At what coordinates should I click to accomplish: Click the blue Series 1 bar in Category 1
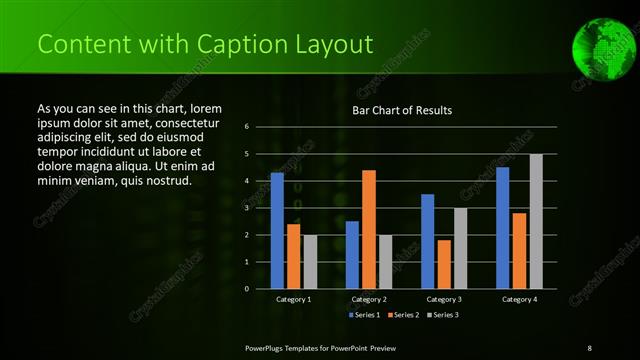pos(277,231)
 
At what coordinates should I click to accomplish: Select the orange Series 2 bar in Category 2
pos(369,229)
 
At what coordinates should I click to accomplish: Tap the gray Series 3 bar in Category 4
pos(536,221)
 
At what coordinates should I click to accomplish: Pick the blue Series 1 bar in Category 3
pos(428,241)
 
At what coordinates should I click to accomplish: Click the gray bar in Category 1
pos(310,262)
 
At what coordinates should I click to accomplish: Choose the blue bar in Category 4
pos(503,228)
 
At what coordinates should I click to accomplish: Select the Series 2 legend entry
pos(403,315)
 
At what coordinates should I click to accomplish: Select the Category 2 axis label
pos(369,299)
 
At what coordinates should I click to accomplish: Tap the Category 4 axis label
pos(519,299)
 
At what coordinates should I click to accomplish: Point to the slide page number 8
pos(589,346)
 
